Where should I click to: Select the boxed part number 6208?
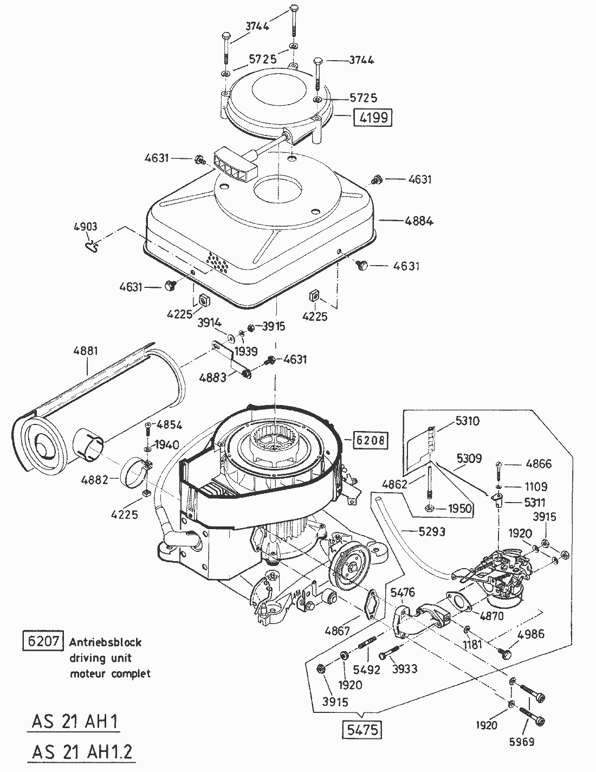click(x=371, y=440)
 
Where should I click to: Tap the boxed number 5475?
click(x=362, y=729)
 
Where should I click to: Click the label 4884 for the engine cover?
click(x=418, y=221)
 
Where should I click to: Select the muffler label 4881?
click(x=86, y=351)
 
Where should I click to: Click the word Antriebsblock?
click(x=106, y=642)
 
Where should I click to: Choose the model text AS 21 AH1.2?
click(x=82, y=752)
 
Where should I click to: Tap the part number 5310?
click(x=467, y=421)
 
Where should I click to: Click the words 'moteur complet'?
click(x=110, y=674)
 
